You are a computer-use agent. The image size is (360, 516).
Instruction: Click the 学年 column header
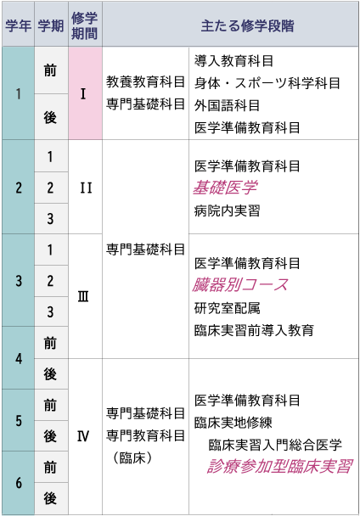tap(18, 25)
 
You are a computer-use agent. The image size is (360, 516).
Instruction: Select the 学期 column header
tap(51, 25)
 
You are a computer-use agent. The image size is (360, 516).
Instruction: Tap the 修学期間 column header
tap(85, 25)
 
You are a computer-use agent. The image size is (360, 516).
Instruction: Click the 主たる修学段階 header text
tap(247, 25)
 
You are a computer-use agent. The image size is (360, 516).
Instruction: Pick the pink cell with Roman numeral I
tap(85, 93)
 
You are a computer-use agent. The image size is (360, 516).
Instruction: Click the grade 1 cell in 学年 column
tap(18, 93)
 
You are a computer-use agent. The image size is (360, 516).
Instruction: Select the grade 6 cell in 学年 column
tap(18, 483)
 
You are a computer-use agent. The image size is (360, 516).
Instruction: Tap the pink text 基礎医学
tap(225, 188)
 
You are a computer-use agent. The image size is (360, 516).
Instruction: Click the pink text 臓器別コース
tap(240, 285)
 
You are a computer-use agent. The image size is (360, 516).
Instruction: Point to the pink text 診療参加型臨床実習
tap(280, 466)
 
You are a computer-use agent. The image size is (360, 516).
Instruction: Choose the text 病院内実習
tap(227, 210)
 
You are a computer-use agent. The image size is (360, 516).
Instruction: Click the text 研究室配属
tap(227, 308)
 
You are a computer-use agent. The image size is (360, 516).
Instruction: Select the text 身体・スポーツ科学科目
tap(267, 83)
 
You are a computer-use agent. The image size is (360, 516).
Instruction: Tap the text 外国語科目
tap(227, 105)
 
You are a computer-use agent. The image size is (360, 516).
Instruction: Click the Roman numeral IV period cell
tap(85, 436)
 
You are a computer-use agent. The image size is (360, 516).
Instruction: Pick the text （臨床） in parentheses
tap(132, 457)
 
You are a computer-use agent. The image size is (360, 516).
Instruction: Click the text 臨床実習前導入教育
tap(254, 330)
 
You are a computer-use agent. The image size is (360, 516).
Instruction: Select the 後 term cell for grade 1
tap(51, 117)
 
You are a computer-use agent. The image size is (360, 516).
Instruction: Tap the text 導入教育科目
tap(233, 61)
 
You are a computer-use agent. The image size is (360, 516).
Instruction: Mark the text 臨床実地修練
tap(233, 423)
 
